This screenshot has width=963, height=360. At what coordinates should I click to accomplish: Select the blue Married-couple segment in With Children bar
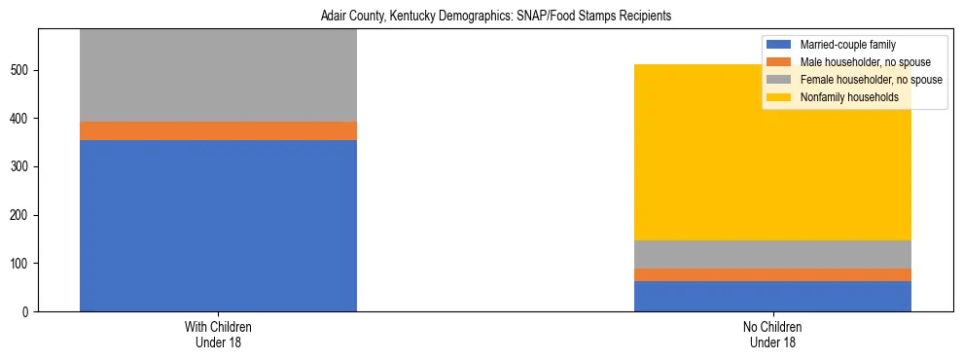[218, 226]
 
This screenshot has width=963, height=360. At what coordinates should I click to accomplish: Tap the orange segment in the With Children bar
[218, 131]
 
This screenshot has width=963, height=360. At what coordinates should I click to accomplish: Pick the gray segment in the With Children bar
[218, 76]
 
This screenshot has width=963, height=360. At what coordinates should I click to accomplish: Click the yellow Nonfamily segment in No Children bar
[772, 153]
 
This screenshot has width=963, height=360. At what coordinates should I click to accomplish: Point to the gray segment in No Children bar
[772, 254]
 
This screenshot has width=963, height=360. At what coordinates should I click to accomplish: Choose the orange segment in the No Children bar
[772, 274]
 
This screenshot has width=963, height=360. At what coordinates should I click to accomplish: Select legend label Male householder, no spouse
[859, 62]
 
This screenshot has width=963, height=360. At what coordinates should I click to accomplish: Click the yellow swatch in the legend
[780, 97]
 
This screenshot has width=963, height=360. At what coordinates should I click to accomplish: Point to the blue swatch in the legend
[780, 45]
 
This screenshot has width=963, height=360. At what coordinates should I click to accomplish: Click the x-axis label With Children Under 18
[218, 335]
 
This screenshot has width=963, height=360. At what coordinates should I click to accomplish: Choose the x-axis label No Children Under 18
[772, 335]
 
